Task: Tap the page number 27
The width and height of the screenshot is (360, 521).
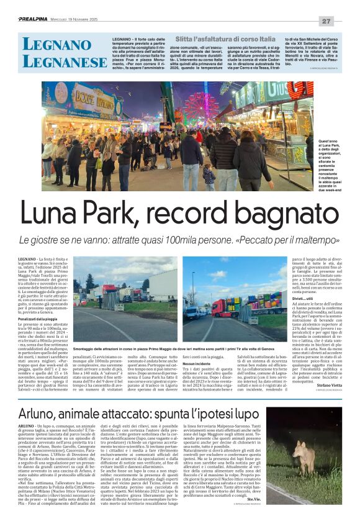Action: click(343, 20)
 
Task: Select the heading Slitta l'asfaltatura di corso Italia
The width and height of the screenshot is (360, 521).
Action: click(220, 39)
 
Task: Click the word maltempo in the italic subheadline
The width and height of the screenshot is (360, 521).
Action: click(318, 240)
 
